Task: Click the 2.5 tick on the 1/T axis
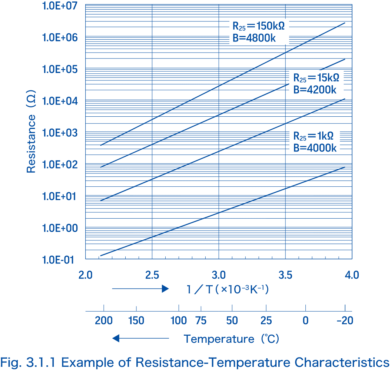pyautogui.click(x=152, y=275)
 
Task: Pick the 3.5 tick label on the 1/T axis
pyautogui.click(x=285, y=275)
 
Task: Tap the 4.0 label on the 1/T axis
pyautogui.click(x=352, y=275)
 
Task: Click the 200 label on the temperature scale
pyautogui.click(x=104, y=320)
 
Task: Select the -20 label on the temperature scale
pyautogui.click(x=345, y=320)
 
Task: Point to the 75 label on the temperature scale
pyautogui.click(x=201, y=320)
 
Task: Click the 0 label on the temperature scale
pyautogui.click(x=305, y=320)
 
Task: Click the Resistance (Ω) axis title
pyautogui.click(x=32, y=132)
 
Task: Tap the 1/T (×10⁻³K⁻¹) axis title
pyautogui.click(x=227, y=289)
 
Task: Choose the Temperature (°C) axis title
pyautogui.click(x=232, y=339)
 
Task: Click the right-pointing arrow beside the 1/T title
pyautogui.click(x=140, y=289)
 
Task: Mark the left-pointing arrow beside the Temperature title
pyautogui.click(x=140, y=338)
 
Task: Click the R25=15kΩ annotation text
pyautogui.click(x=316, y=78)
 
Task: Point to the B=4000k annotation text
pyautogui.click(x=315, y=148)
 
